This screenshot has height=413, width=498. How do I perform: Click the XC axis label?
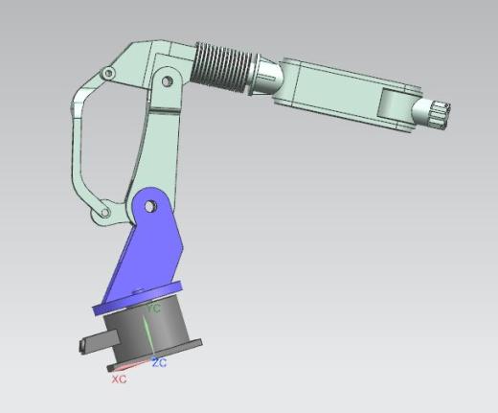coord(119,379)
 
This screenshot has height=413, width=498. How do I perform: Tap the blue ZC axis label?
coord(159,363)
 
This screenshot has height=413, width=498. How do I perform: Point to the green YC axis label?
coord(153,309)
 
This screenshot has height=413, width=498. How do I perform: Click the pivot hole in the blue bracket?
coord(149,207)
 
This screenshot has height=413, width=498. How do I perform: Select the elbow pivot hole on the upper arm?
coord(167,81)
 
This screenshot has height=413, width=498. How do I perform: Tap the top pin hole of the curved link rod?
coord(108,74)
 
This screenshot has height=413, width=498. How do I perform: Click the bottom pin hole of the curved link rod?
coord(104,212)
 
